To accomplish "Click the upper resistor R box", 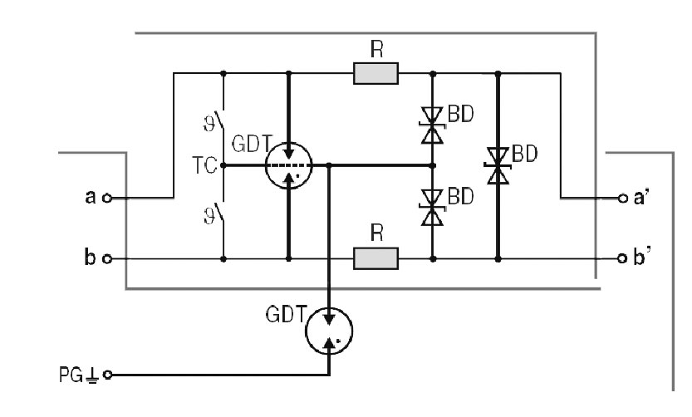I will tap(375, 75).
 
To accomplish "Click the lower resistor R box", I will tap(375, 259).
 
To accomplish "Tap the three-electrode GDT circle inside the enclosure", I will tap(288, 166).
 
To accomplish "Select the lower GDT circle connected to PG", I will tap(330, 329).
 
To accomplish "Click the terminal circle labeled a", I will tap(107, 199).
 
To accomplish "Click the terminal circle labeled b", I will tap(107, 259).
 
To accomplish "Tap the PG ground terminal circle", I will tap(107, 375).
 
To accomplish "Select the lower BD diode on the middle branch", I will tap(432, 208).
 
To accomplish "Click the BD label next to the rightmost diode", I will tap(524, 153).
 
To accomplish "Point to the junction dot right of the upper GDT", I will tap(330, 166).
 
